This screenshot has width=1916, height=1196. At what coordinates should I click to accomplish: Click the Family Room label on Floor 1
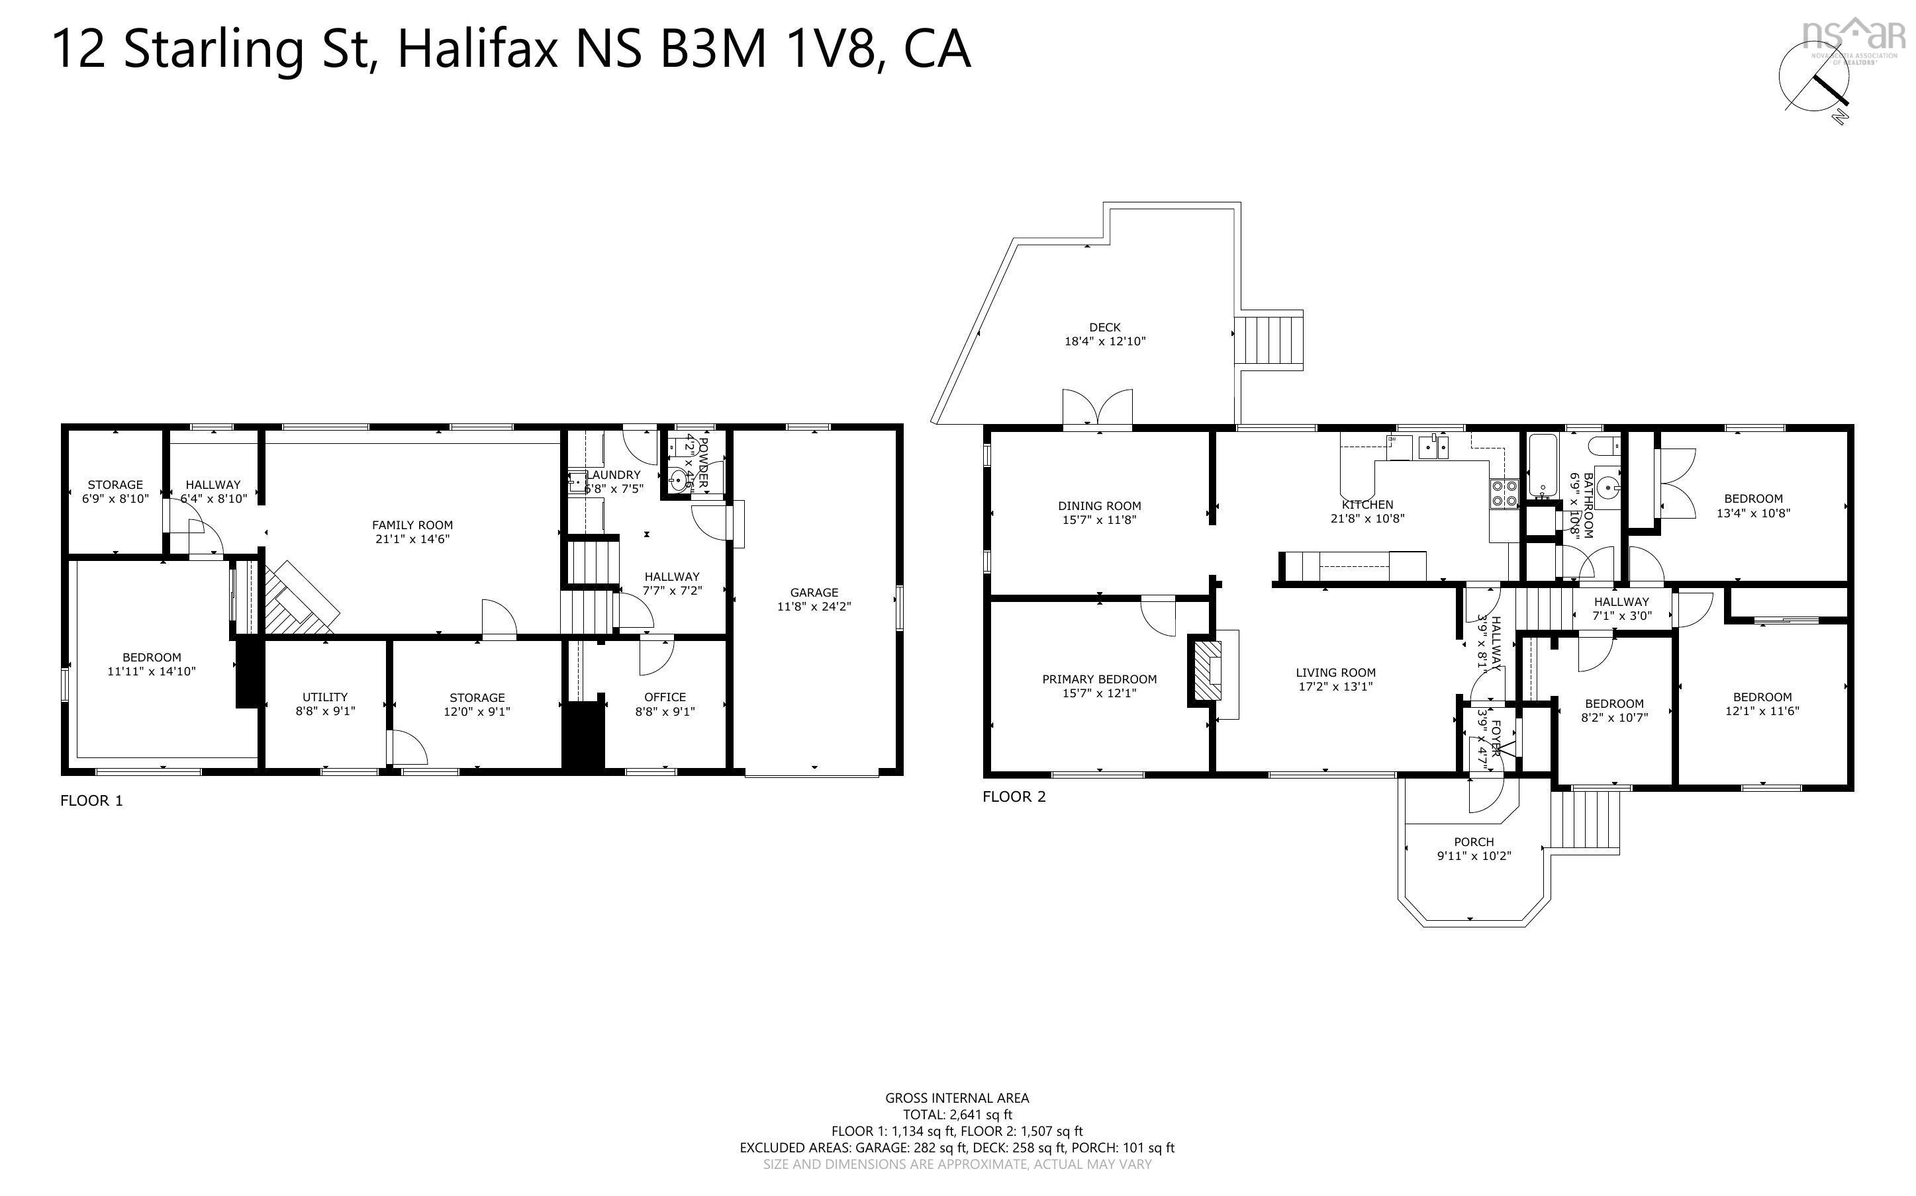[x=412, y=525]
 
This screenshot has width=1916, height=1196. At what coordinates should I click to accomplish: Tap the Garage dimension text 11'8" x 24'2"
[x=814, y=607]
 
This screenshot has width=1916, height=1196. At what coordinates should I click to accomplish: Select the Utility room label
[x=324, y=697]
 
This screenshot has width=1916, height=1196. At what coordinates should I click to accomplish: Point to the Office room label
[x=665, y=697]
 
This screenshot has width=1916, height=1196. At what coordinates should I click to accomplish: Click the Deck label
[x=1105, y=327]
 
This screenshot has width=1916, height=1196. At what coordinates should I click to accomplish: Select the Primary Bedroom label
[x=1099, y=679]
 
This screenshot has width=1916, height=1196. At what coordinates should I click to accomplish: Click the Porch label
[x=1474, y=841]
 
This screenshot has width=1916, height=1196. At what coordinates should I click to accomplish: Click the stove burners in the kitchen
[x=1504, y=493]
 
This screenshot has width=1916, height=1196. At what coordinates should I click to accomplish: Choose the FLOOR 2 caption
[x=1014, y=796]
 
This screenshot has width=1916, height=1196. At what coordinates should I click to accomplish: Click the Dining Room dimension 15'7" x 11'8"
[x=1099, y=521]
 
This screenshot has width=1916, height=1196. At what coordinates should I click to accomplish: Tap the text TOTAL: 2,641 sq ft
[x=957, y=1115]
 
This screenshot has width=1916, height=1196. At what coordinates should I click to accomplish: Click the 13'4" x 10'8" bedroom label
[x=1753, y=513]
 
